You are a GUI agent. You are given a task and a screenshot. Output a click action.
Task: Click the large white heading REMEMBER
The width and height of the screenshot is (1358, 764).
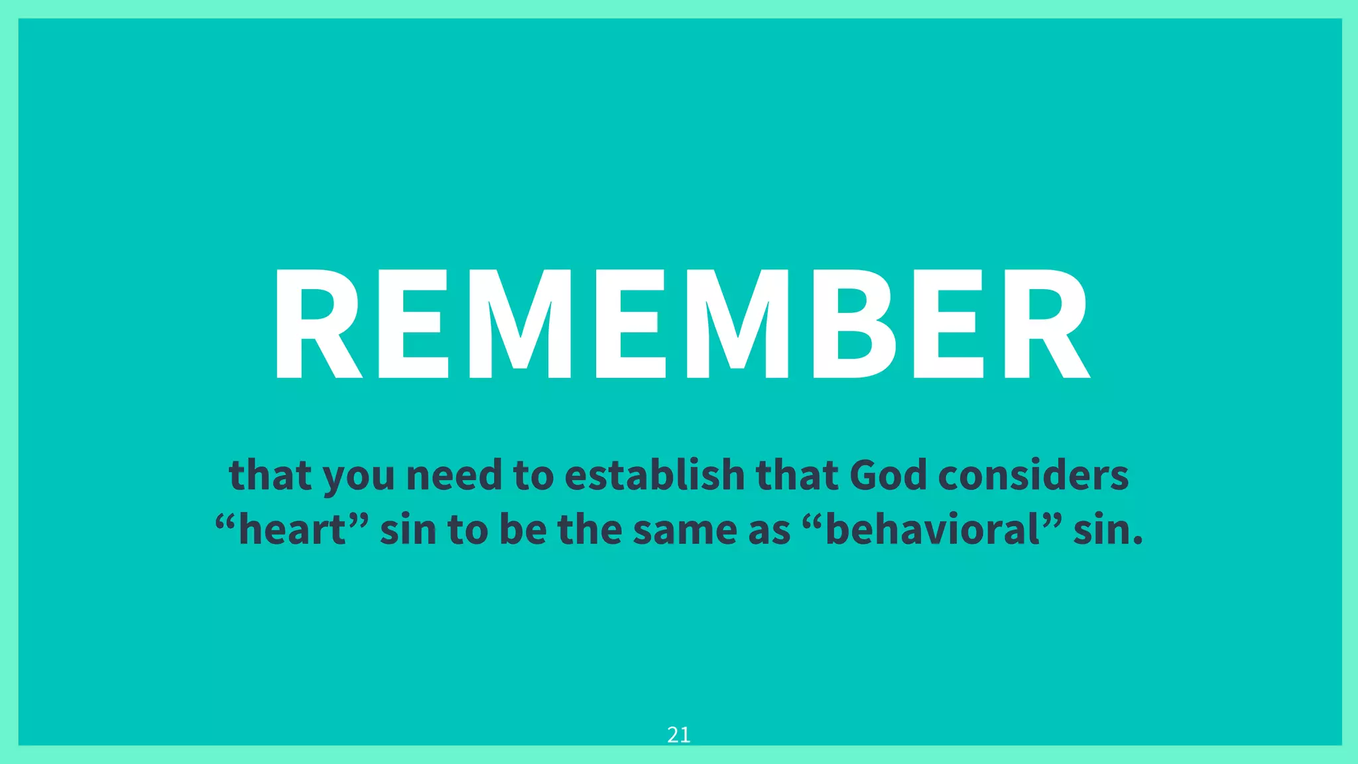point(681,323)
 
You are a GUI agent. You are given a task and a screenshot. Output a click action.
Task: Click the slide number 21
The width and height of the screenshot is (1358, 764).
point(678,735)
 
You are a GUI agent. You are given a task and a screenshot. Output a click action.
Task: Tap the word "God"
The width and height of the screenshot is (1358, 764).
point(888,476)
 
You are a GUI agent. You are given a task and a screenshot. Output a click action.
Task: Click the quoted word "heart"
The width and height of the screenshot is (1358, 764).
point(292,530)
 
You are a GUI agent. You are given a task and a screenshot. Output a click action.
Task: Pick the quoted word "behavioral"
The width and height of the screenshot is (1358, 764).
point(933,530)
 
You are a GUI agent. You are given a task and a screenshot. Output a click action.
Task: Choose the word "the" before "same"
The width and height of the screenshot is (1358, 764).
point(589,530)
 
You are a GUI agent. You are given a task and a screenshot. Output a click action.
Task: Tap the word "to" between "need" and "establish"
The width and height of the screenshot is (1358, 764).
point(533,477)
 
